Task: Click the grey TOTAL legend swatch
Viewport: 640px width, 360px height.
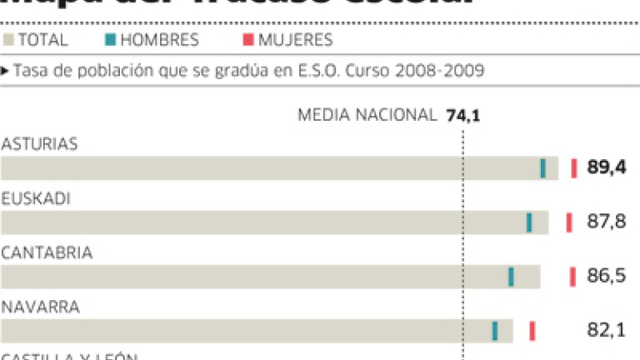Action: [9, 40]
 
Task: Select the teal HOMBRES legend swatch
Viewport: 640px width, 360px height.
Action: [111, 40]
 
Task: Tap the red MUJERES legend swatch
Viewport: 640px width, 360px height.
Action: [249, 40]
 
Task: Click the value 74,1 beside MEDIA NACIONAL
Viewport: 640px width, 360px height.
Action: [463, 115]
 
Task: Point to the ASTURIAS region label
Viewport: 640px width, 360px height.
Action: [39, 144]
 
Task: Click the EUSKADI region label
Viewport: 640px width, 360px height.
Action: [35, 198]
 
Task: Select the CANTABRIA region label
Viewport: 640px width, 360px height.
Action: [47, 252]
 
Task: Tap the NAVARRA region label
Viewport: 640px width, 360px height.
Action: [40, 307]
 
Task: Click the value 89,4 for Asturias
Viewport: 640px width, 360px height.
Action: [606, 168]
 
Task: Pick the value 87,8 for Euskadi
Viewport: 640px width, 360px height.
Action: [606, 222]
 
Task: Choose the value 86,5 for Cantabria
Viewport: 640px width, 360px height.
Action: [606, 277]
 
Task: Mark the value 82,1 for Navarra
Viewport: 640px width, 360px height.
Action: [606, 331]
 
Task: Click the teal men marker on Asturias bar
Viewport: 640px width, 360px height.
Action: [543, 168]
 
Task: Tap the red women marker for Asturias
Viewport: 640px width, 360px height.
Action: [573, 168]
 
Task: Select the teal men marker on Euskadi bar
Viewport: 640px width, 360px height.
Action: [529, 222]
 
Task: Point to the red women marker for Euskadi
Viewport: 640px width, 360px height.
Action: [569, 222]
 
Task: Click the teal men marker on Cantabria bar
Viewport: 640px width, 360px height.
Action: [511, 277]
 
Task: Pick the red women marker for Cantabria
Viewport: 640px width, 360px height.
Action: [572, 277]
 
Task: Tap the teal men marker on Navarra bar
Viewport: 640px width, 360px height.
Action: [495, 331]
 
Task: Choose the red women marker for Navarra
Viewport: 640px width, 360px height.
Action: [532, 331]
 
